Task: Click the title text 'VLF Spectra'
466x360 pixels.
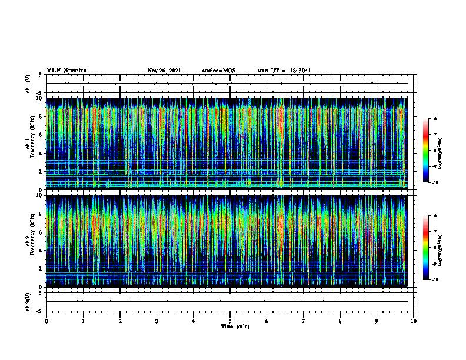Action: click(x=66, y=71)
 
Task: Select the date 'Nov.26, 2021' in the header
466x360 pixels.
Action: click(x=164, y=71)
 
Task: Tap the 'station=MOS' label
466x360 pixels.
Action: click(x=218, y=71)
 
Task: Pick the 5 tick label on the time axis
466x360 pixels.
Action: click(x=230, y=321)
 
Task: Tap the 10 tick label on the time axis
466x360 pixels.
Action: click(x=414, y=321)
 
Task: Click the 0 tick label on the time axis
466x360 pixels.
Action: click(x=46, y=321)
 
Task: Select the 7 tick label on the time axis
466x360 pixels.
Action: click(x=304, y=321)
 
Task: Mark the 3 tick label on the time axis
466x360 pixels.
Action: click(x=157, y=321)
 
